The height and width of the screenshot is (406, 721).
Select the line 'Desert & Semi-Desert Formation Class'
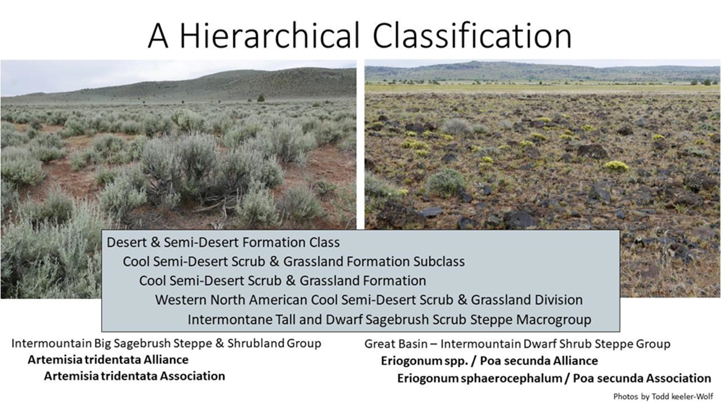click(x=223, y=242)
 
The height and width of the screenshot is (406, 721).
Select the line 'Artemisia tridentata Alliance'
click(x=108, y=360)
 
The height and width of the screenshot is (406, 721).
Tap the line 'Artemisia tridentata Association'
click(x=135, y=377)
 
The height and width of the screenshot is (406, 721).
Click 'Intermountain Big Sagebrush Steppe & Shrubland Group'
click(x=166, y=343)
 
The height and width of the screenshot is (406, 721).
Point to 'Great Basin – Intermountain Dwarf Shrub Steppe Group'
click(x=517, y=344)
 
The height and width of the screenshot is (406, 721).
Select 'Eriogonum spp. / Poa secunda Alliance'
click(x=489, y=361)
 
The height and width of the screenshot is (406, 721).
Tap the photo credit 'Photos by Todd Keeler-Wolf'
click(x=663, y=396)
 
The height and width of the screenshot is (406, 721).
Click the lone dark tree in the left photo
click(x=260, y=98)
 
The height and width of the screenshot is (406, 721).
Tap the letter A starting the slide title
click(x=158, y=36)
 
